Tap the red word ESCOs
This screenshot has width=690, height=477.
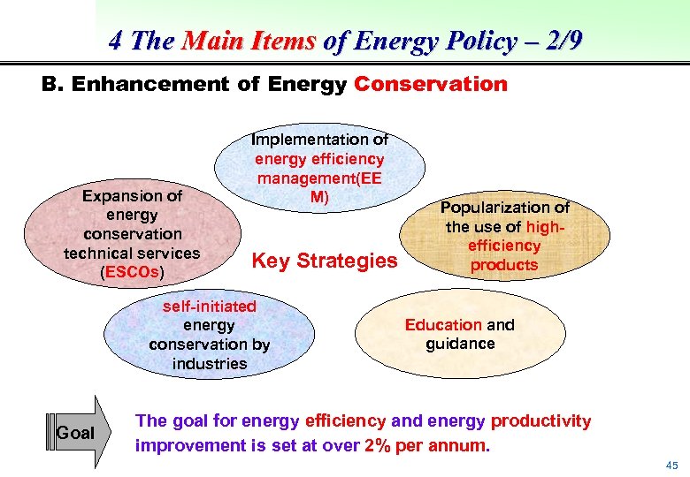click(132, 272)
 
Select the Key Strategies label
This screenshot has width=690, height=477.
click(325, 261)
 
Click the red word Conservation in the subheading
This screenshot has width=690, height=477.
click(431, 85)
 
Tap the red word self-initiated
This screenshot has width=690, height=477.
click(210, 307)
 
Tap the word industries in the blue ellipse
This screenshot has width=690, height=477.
click(210, 364)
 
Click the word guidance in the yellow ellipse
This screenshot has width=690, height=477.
click(460, 344)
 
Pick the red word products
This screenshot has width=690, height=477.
click(504, 265)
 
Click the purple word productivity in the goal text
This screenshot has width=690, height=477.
click(540, 421)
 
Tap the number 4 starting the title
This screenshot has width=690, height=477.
click(116, 41)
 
